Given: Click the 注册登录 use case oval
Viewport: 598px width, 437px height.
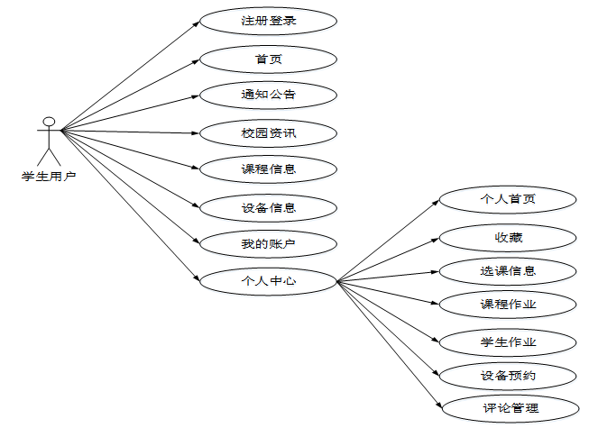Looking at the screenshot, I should pos(268,20).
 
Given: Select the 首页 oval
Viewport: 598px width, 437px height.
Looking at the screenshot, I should pos(268,59).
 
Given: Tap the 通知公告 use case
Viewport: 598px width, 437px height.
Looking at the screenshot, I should pos(268,94).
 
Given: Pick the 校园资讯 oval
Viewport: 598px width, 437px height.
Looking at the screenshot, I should pos(268,133).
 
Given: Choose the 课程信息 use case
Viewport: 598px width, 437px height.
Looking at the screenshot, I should pos(268,168).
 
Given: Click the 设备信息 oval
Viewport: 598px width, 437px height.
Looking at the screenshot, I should pos(268,208).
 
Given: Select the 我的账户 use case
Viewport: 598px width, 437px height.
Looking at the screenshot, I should pos(268,243).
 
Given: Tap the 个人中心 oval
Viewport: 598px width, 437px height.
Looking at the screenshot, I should pos(268,281).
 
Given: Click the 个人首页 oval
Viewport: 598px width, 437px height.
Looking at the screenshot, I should pos(508,199).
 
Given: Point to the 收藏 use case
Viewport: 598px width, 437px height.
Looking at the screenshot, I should pos(508,238).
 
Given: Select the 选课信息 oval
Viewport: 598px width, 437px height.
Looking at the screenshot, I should pos(508,270).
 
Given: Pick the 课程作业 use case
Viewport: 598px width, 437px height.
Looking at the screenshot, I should pos(508,305).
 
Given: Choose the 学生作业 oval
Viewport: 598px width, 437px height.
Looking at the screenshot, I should pos(508,342).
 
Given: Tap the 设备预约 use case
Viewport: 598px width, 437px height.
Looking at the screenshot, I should pos(508,375).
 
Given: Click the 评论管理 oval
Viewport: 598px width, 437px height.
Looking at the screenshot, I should pos(508,408).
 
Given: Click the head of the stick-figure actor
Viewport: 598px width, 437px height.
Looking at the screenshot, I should pos(49,121).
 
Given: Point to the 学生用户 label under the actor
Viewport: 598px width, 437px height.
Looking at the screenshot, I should pos(49,177).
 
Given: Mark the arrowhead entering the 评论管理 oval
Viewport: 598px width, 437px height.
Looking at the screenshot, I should pos(437,405).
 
